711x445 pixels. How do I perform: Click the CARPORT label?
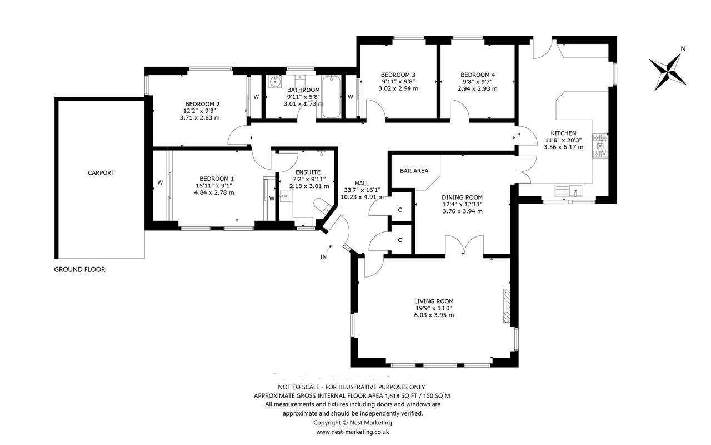pos(101,173)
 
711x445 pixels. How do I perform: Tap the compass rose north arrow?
pos(668,72)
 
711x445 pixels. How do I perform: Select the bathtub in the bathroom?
pos(332,97)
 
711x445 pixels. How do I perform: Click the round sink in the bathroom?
pos(275,82)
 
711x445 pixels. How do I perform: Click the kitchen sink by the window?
pos(569,191)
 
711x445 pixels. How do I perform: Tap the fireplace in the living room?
pos(506,305)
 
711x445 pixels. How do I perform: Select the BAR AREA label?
pos(414,171)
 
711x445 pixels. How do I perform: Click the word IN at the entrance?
pos(323,257)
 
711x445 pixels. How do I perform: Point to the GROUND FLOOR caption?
pos(79,270)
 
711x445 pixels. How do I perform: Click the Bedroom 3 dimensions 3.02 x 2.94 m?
pos(398,88)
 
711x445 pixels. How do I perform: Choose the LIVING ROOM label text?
pos(434,301)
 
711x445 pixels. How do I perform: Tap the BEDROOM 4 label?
pos(478,75)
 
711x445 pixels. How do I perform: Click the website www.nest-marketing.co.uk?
pos(353,432)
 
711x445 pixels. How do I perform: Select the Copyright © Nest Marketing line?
pos(353,423)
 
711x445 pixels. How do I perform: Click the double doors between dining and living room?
pos(464,245)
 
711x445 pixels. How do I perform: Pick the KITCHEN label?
pos(563,133)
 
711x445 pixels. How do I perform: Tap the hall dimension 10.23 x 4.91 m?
pos(362,197)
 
